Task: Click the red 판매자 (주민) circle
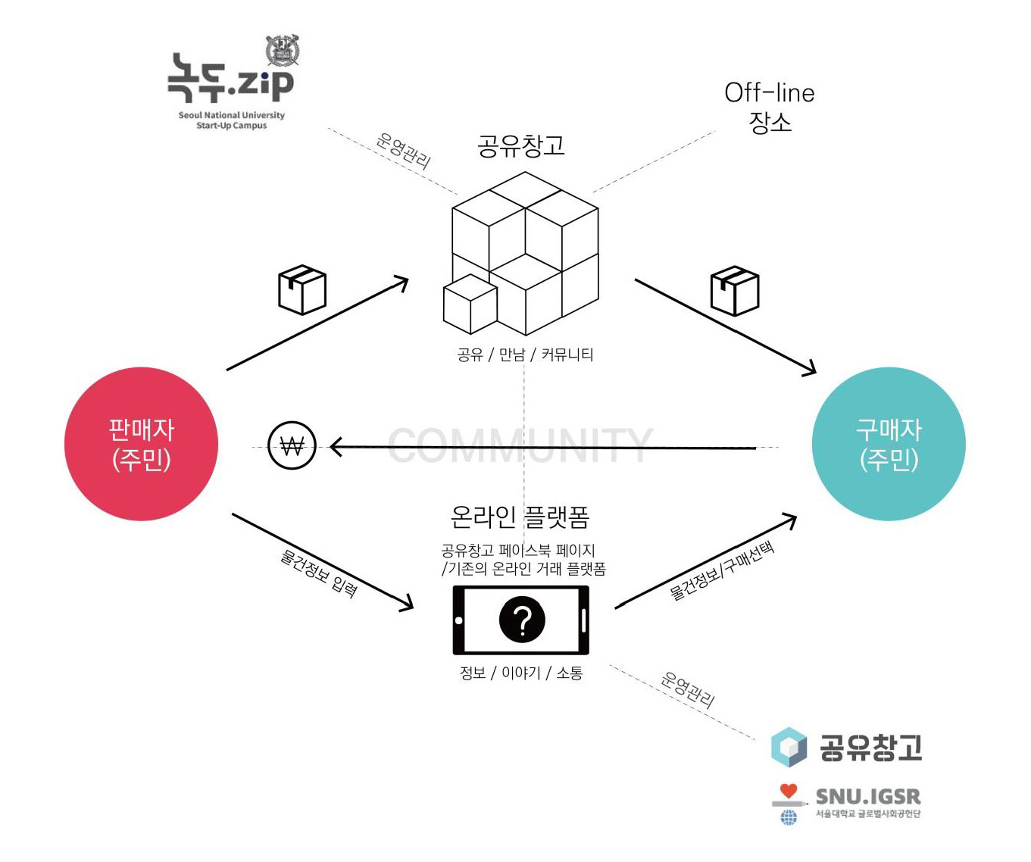[x=141, y=444]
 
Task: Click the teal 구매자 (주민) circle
[x=889, y=444]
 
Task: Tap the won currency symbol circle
[x=292, y=445]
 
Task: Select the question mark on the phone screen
[x=522, y=620]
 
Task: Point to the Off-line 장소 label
[x=770, y=107]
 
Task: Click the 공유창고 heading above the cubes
[x=521, y=146]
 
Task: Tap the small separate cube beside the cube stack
[x=470, y=305]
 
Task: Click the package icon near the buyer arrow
[x=734, y=290]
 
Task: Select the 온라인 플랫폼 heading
[x=520, y=517]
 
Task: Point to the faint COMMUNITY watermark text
[x=520, y=445]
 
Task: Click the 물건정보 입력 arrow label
[x=318, y=573]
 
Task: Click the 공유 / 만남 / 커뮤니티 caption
[x=525, y=354]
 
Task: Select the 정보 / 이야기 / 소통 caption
[x=521, y=673]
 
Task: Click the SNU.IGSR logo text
[x=868, y=797]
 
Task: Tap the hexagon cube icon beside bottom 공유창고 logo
[x=789, y=747]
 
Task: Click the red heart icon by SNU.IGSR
[x=789, y=791]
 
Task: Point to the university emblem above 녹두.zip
[x=283, y=50]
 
